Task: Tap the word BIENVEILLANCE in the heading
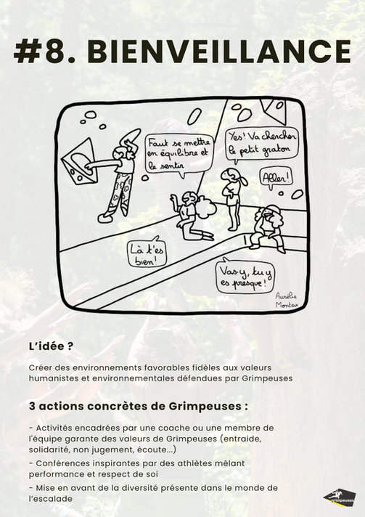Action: [219, 52]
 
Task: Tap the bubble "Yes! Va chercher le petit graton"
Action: [262, 144]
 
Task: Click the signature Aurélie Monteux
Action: [287, 300]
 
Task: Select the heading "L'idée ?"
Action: [51, 346]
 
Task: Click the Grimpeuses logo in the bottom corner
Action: [340, 497]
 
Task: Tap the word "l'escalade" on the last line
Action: [50, 499]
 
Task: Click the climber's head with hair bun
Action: [121, 153]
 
